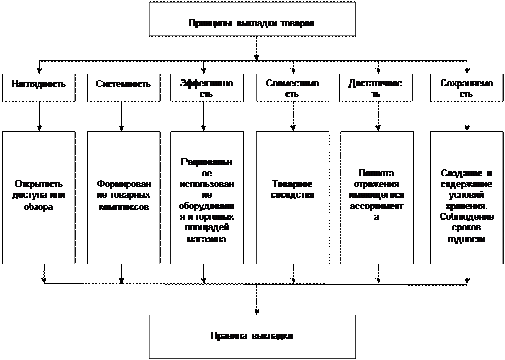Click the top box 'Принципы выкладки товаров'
coord(251,19)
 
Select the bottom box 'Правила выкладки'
coord(251,336)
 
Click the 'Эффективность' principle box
coord(207,88)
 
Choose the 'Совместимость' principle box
coord(292,88)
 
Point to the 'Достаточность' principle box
coord(375,88)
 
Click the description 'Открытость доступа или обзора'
coord(39,196)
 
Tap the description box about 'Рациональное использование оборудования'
coord(207,196)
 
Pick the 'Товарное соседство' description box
coord(292,196)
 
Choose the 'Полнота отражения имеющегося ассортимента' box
coord(376,196)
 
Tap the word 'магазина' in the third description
coord(207,240)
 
